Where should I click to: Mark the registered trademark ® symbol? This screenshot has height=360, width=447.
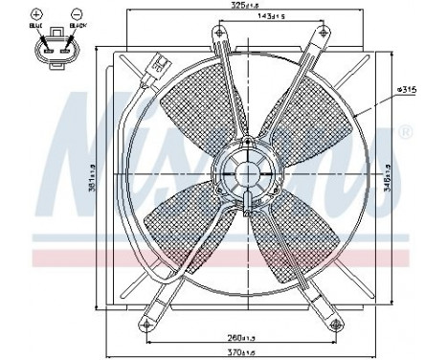(x=406, y=131)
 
